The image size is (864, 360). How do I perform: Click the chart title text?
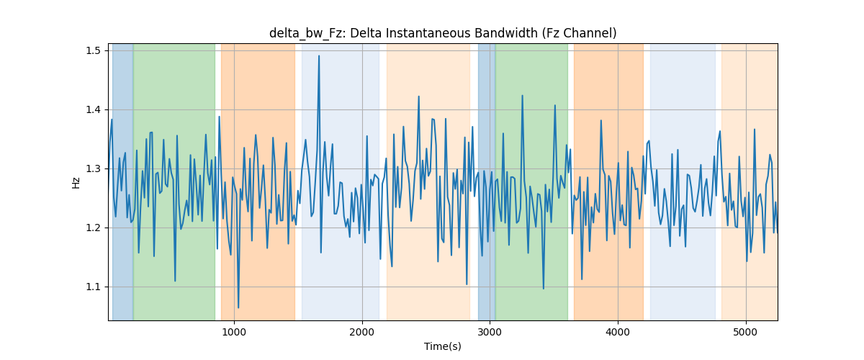coord(443,33)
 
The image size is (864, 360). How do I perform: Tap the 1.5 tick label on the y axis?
coord(93,50)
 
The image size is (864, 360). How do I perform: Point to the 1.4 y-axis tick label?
coord(93,109)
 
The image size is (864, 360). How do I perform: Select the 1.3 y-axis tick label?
coord(93,168)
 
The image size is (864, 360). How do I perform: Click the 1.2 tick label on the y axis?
coord(93,228)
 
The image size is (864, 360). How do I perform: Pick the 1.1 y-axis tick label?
coord(93,287)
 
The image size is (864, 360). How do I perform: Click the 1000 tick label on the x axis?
coord(234,332)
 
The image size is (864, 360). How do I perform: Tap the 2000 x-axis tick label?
coord(362,332)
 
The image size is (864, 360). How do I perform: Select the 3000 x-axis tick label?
coord(490,332)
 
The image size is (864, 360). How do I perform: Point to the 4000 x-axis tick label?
coord(618,332)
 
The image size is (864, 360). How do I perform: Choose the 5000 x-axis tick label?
coord(746,332)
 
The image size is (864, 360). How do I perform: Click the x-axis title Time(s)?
coord(443,346)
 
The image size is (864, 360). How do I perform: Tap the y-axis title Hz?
coord(76,182)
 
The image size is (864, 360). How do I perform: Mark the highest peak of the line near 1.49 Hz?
coord(318,56)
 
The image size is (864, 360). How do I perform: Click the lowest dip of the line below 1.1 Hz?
coord(238,307)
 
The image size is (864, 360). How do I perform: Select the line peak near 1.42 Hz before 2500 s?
coord(418,96)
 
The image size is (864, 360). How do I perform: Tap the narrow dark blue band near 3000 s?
coord(487,181)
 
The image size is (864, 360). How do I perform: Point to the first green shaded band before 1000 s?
coord(174,181)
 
